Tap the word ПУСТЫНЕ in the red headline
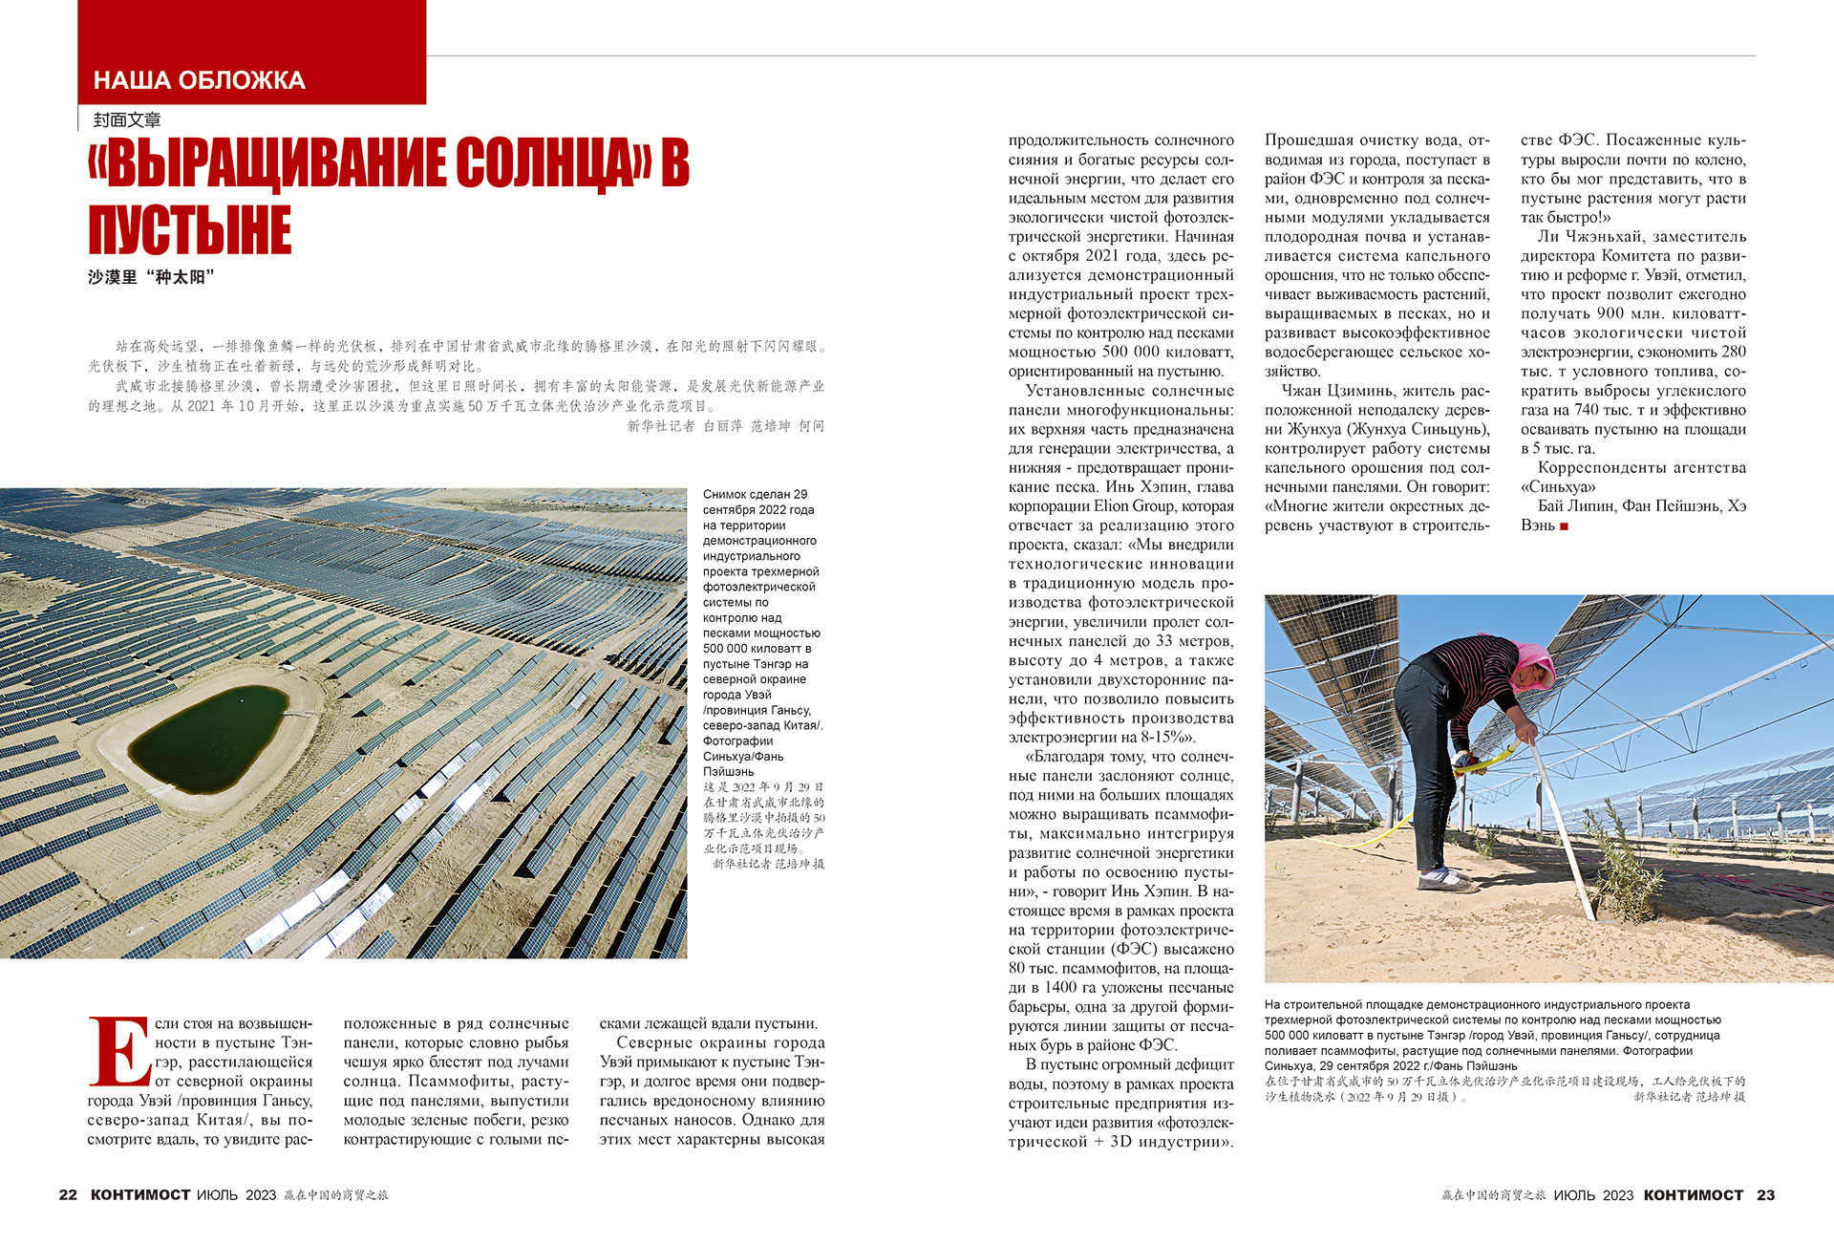click(189, 230)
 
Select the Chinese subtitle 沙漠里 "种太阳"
click(151, 277)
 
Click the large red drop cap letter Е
click(117, 1052)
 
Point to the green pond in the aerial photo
click(209, 738)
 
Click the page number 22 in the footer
click(68, 1194)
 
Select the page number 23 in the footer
click(1765, 1194)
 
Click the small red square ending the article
click(1564, 526)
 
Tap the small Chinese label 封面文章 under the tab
click(127, 119)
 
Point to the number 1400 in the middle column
click(1062, 987)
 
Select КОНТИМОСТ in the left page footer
click(140, 1194)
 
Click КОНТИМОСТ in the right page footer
click(1693, 1194)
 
